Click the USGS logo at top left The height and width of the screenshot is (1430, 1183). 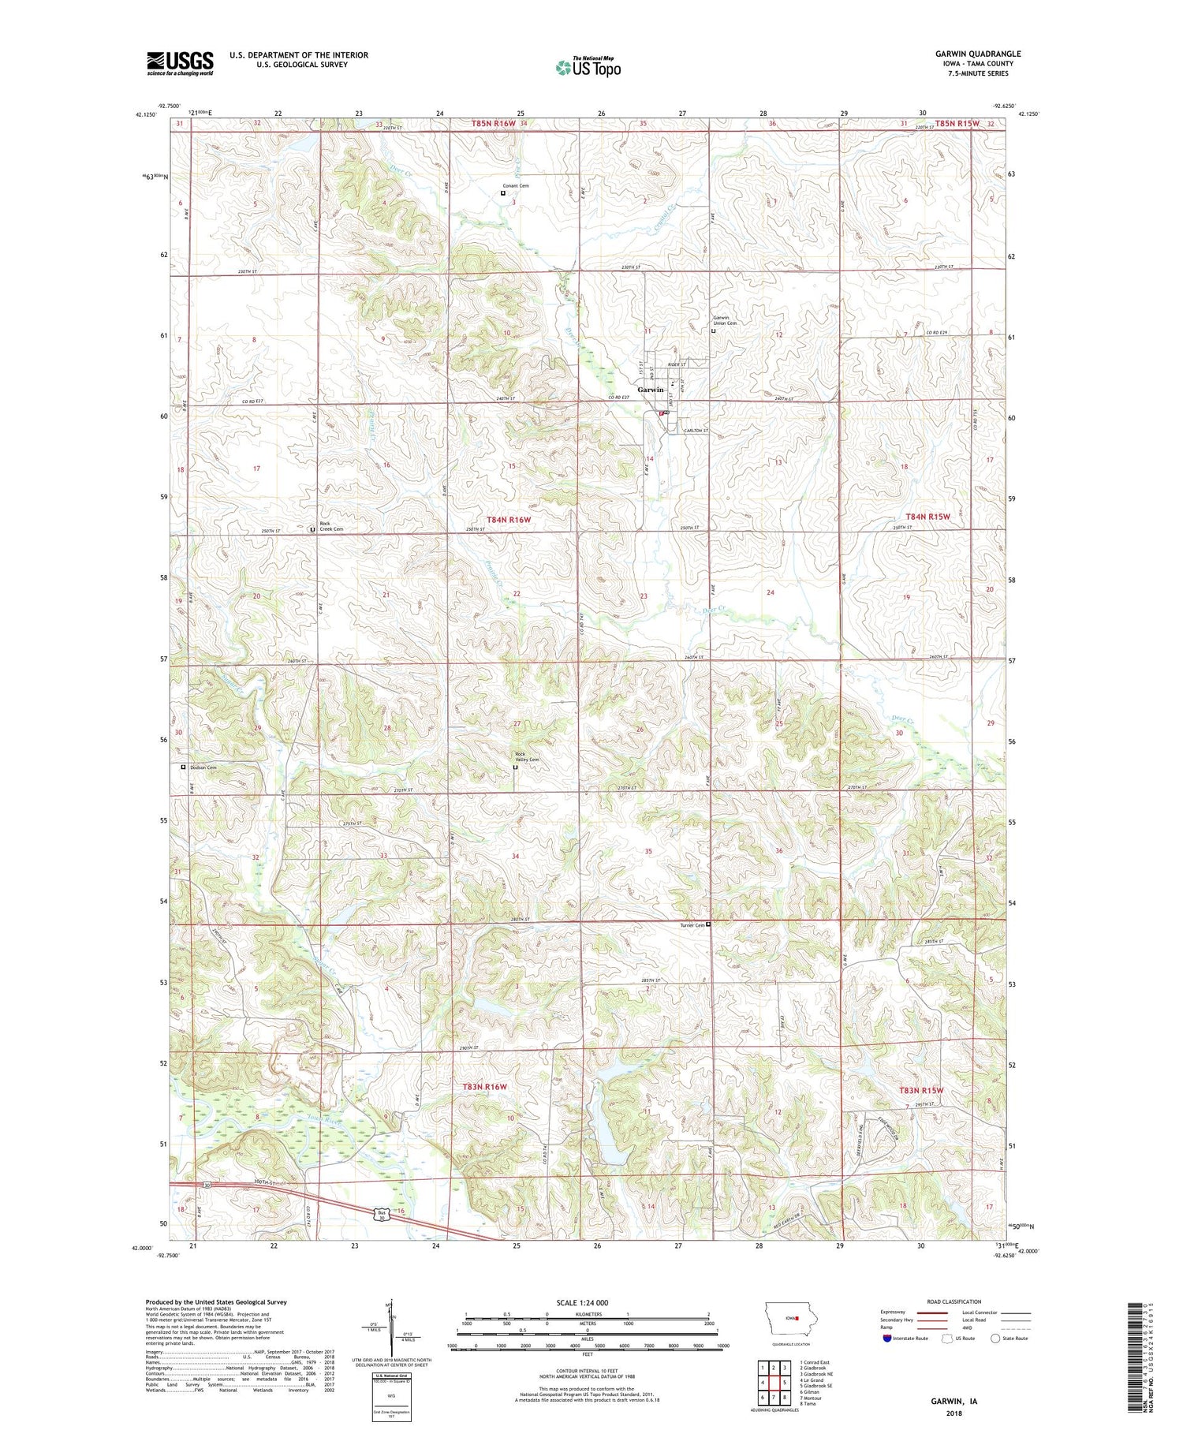[180, 63]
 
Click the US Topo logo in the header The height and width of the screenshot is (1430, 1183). [588, 67]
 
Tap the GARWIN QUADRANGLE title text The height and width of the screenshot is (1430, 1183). [976, 54]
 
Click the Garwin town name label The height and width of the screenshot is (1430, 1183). [651, 390]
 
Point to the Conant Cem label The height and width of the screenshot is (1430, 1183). [517, 186]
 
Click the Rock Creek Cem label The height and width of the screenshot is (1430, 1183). [330, 526]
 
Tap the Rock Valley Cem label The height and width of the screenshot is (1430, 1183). [527, 756]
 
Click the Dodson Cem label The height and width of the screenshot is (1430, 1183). [202, 767]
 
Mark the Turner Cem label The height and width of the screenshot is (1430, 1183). [692, 925]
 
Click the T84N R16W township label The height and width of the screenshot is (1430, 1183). [509, 520]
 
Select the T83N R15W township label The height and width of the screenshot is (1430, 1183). [921, 1090]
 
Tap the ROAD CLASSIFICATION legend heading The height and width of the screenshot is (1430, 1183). [954, 1301]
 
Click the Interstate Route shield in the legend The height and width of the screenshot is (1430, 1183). [887, 1339]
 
